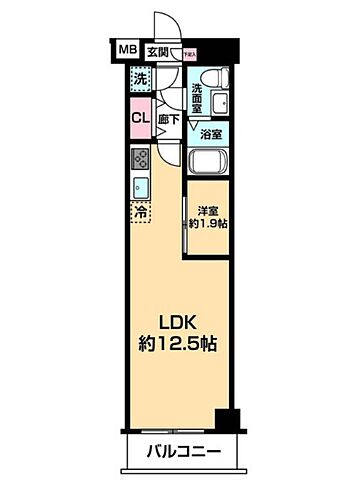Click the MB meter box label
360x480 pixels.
click(128, 49)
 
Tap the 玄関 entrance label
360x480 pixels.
click(158, 50)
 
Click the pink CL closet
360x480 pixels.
click(140, 117)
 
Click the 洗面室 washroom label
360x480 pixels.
click(199, 89)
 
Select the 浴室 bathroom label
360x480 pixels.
click(211, 133)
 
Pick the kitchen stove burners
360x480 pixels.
click(140, 158)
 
